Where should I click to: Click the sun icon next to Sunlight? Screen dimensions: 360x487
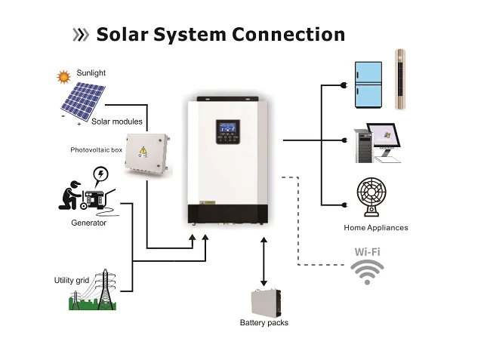[x=63, y=76]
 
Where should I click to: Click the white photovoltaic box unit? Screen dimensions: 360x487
[x=149, y=155]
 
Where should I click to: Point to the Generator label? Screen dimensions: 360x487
[x=88, y=223]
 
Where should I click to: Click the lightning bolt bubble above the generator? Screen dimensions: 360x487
[x=100, y=177]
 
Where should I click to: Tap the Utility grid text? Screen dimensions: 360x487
[x=72, y=281]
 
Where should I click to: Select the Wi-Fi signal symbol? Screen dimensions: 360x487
[x=368, y=272]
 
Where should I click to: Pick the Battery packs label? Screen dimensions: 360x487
[x=264, y=323]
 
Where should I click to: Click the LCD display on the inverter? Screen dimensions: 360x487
[x=229, y=129]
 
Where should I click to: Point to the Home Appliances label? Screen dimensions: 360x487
[x=375, y=228]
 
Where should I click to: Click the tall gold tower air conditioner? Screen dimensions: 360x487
[x=402, y=80]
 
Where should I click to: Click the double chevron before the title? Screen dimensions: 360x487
[x=80, y=35]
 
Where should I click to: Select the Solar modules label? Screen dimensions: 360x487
[x=116, y=122]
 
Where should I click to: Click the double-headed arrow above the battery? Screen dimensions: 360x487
[x=264, y=260]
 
